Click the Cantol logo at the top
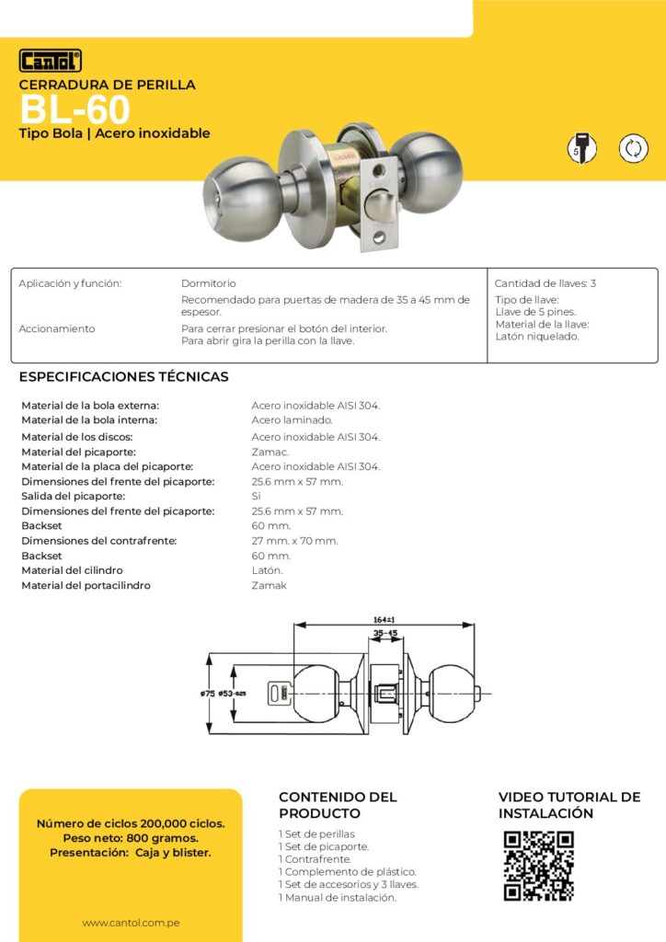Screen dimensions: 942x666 [x=51, y=61]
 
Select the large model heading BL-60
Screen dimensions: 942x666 [x=75, y=110]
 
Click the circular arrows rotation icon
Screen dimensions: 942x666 [x=633, y=148]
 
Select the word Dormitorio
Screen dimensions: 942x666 [x=209, y=283]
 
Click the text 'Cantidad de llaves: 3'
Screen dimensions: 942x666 [x=545, y=283]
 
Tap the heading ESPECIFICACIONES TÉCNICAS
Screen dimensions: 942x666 [x=123, y=377]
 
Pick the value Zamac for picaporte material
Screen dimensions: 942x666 [x=270, y=452]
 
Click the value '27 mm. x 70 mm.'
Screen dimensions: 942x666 [x=294, y=541]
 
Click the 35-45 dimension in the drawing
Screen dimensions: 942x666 [x=385, y=634]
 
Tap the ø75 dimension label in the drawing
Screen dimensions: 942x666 [x=207, y=694]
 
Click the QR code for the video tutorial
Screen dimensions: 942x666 [x=539, y=866]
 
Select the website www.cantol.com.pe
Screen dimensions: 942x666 [x=130, y=923]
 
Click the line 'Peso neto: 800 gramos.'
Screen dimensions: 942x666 [x=130, y=838]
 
